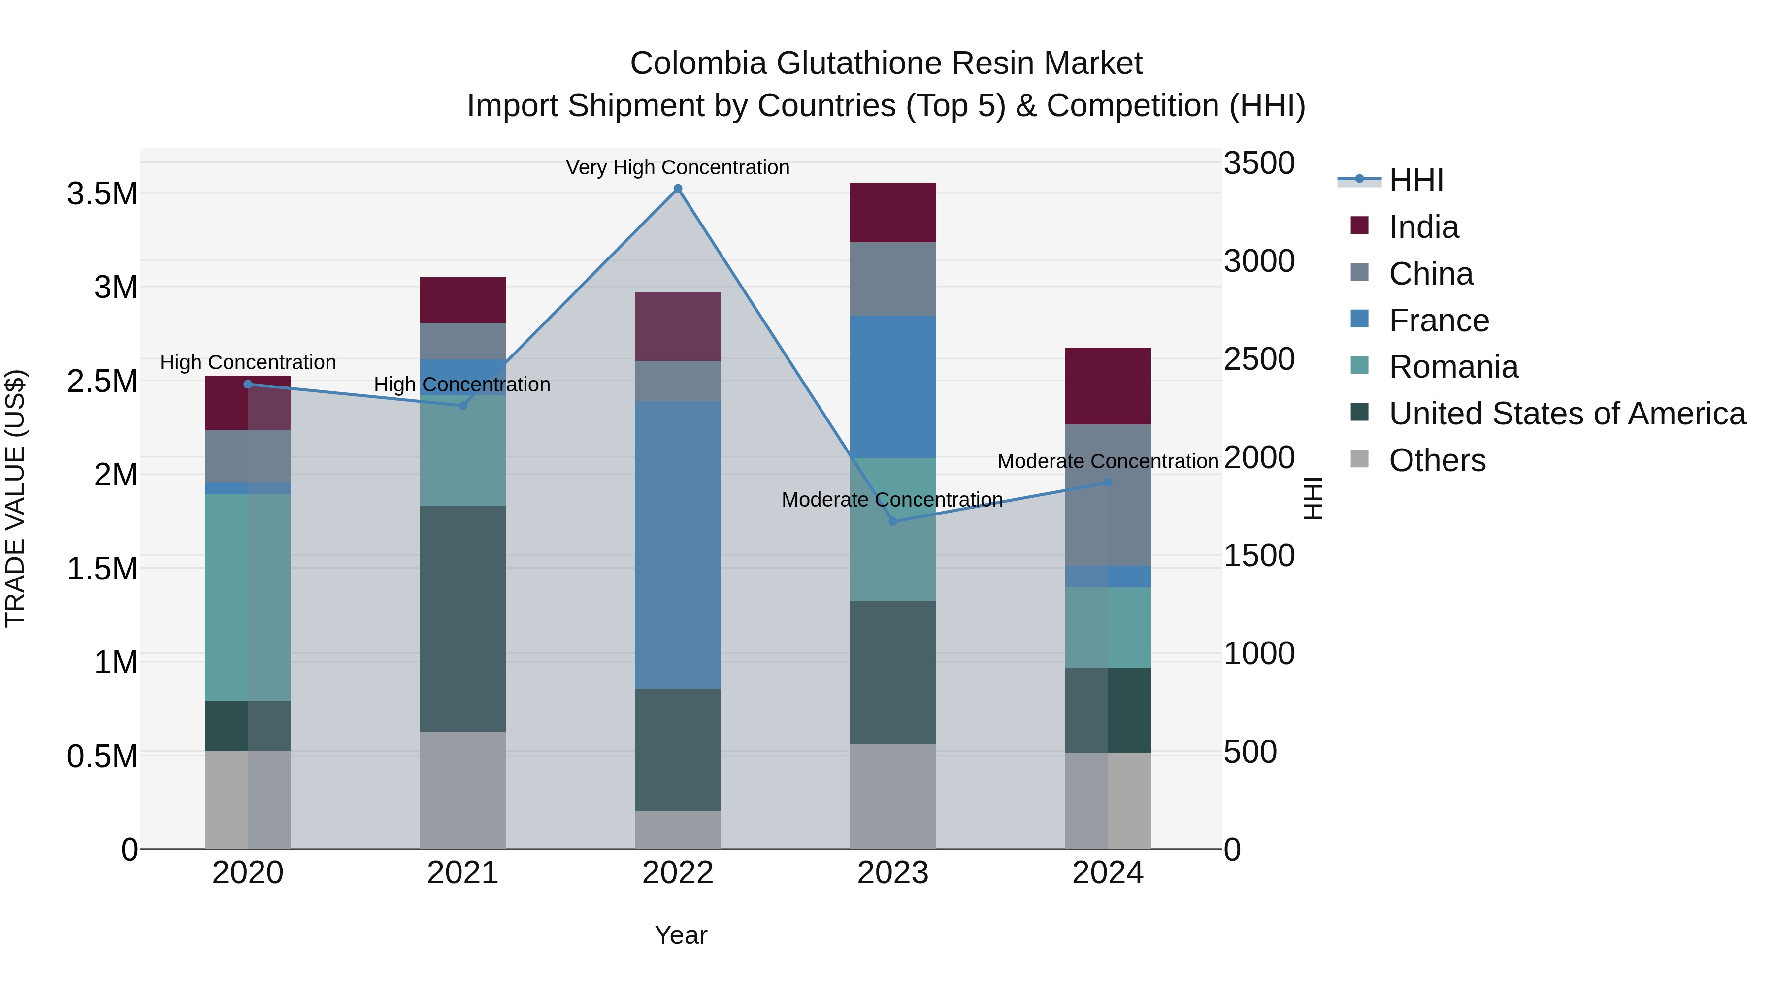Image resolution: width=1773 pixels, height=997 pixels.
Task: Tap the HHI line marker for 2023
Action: click(x=893, y=521)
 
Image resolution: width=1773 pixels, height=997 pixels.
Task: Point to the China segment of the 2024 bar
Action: click(x=1108, y=495)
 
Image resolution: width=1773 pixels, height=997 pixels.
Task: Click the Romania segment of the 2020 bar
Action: click(x=248, y=597)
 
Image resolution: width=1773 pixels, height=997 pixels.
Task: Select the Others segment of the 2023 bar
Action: click(x=893, y=796)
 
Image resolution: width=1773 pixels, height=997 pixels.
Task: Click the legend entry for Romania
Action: click(x=1452, y=367)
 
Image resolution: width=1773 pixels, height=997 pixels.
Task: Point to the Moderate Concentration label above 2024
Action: click(x=1108, y=461)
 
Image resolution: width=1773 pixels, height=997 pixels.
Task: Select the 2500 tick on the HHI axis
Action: click(x=1259, y=359)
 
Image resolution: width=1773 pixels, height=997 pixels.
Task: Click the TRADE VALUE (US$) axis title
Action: click(x=15, y=498)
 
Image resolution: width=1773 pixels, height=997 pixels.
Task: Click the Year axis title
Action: click(x=681, y=935)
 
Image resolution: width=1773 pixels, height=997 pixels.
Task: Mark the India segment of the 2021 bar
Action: click(x=462, y=300)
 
